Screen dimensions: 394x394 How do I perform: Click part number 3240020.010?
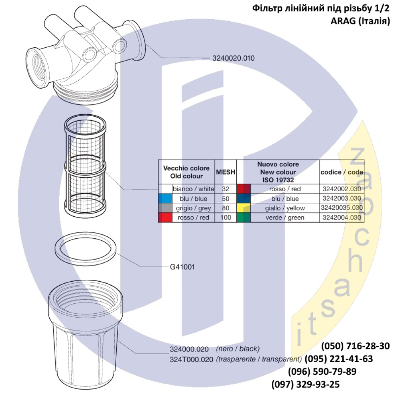pyautogui.click(x=233, y=58)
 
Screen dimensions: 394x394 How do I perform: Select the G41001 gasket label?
pyautogui.click(x=182, y=267)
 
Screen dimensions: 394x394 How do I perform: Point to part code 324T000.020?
pyautogui.click(x=191, y=359)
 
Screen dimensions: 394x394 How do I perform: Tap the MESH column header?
pyautogui.click(x=225, y=172)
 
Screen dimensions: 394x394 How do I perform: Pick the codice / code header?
pyautogui.click(x=342, y=172)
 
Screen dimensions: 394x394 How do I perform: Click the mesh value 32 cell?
pyautogui.click(x=225, y=189)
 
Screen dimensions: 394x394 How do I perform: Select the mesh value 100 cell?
pyautogui.click(x=225, y=217)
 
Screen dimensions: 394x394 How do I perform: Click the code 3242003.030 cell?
pyautogui.click(x=342, y=199)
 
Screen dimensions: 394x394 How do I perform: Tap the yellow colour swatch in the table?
pyautogui.click(x=244, y=208)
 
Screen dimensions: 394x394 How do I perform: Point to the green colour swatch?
pyautogui.click(x=244, y=217)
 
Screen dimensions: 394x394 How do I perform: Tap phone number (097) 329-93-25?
pyautogui.click(x=306, y=384)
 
